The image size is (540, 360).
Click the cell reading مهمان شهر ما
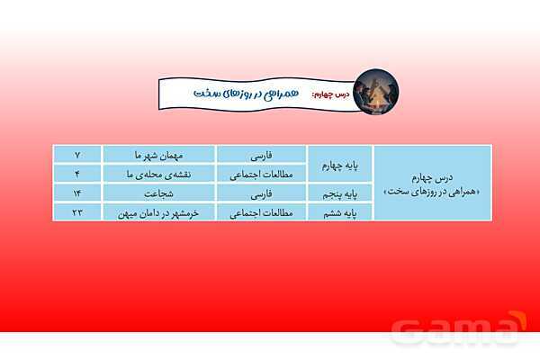click(x=158, y=154)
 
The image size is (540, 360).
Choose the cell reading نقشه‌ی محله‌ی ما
click(x=158, y=174)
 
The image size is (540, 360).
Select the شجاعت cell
click(x=158, y=193)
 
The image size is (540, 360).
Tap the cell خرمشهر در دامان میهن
click(x=158, y=212)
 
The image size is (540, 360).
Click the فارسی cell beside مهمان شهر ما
click(x=261, y=154)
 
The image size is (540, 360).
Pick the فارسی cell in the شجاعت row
click(x=261, y=193)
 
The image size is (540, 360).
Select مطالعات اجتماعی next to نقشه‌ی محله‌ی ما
click(x=261, y=174)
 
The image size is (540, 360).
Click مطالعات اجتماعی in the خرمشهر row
click(x=261, y=212)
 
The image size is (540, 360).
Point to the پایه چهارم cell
click(x=340, y=164)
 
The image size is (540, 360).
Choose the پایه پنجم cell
click(x=340, y=193)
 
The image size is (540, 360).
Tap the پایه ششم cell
click(x=340, y=212)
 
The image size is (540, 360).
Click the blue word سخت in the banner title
click(x=210, y=94)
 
